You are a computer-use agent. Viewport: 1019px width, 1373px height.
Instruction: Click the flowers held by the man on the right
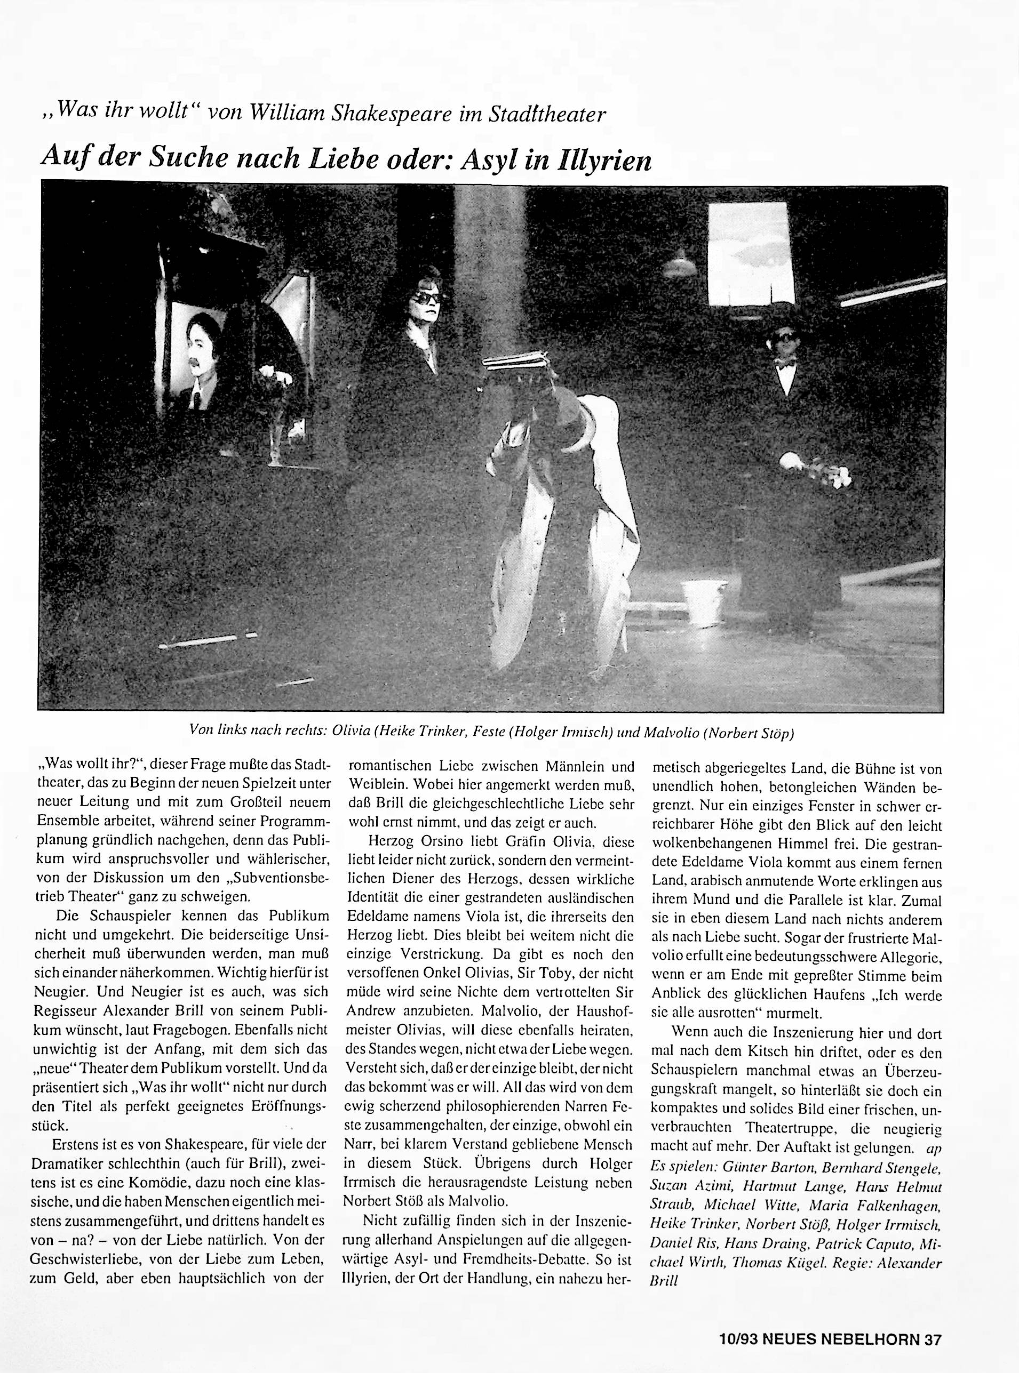[833, 475]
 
